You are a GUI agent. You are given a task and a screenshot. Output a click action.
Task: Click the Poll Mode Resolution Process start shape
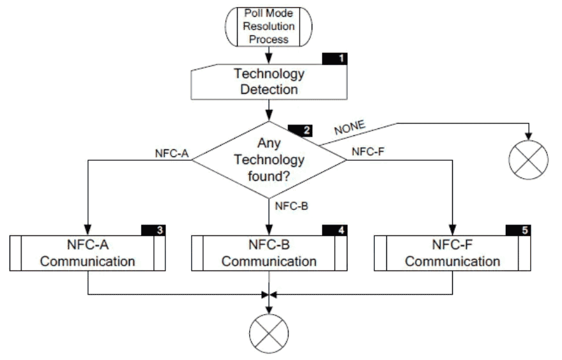click(x=269, y=27)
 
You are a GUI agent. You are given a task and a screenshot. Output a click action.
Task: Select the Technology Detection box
click(x=269, y=82)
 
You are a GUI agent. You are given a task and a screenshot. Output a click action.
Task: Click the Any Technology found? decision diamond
click(x=269, y=160)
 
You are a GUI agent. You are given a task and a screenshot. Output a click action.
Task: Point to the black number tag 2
click(x=307, y=130)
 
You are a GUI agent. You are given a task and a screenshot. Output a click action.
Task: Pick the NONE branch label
click(x=350, y=126)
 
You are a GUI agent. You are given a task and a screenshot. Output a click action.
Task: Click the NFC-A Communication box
click(x=88, y=253)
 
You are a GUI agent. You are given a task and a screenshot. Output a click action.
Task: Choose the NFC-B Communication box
click(x=269, y=253)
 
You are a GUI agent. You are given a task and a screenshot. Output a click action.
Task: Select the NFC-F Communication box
click(x=452, y=253)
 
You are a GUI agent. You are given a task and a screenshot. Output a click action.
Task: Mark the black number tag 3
click(x=160, y=230)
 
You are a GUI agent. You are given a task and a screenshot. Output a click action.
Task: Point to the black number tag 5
click(x=524, y=230)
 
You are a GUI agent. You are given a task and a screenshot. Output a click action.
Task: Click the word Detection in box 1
click(x=269, y=89)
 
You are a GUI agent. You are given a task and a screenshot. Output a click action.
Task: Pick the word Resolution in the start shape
click(x=269, y=27)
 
